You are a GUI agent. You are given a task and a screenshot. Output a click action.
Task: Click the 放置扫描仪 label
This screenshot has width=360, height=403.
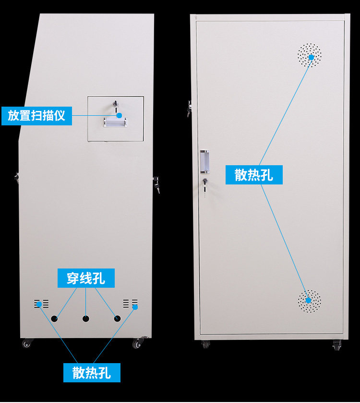click(36, 116)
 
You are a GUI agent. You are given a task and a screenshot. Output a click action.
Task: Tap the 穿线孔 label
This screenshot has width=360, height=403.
click(86, 278)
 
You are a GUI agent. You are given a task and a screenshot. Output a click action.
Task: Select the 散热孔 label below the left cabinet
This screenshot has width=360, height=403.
click(92, 373)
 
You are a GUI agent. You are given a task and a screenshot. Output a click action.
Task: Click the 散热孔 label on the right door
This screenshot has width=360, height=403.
click(254, 175)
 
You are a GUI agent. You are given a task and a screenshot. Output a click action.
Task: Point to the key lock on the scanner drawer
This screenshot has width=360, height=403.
click(115, 103)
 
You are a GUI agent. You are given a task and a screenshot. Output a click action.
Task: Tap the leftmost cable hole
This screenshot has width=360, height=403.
click(54, 318)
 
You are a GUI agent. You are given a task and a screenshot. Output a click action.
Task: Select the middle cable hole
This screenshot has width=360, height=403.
click(86, 318)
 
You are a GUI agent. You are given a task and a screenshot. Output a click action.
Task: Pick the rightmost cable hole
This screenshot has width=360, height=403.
click(117, 318)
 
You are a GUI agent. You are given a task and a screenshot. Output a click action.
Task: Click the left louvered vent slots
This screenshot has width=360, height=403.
click(41, 304)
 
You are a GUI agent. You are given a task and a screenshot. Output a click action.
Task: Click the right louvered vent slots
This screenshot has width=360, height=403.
click(130, 304)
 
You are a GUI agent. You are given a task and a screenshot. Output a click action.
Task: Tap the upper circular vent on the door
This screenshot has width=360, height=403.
click(310, 55)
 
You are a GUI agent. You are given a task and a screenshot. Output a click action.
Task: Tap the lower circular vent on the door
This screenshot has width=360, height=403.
click(309, 302)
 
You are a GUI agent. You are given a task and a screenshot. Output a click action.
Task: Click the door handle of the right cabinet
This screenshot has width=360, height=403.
click(205, 162)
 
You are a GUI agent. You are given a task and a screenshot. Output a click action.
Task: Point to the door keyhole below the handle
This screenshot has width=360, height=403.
click(205, 182)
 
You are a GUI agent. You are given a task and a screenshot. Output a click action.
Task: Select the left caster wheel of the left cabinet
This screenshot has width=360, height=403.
click(26, 343)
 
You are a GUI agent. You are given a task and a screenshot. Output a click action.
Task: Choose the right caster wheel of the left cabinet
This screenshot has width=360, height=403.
click(138, 343)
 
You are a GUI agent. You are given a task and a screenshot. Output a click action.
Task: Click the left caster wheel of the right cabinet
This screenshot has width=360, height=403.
click(205, 344)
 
